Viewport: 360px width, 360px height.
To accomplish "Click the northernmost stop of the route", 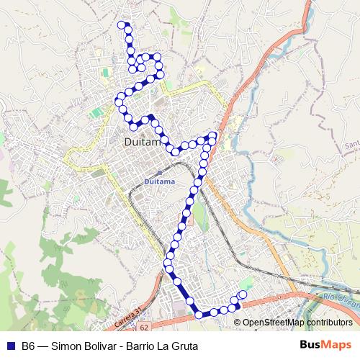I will click(x=120, y=24).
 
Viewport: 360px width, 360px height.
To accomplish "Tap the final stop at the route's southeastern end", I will click(x=242, y=294).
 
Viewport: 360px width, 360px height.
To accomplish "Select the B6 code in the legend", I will click(x=29, y=346).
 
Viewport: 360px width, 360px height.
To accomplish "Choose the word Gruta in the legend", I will click(x=183, y=346).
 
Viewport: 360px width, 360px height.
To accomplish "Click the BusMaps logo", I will click(x=325, y=346).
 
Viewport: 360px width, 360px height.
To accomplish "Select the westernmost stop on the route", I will click(x=118, y=102).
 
